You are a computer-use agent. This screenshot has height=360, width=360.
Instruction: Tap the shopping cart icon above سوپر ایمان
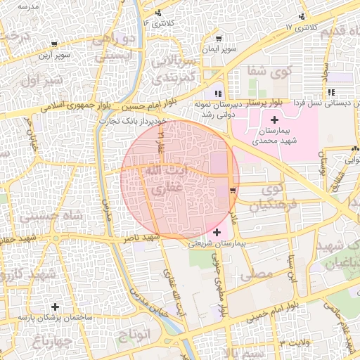[x=221, y=39]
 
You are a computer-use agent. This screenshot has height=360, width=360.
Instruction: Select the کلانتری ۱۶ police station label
[x=160, y=23]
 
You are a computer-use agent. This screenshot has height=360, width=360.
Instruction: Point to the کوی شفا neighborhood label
[x=271, y=71]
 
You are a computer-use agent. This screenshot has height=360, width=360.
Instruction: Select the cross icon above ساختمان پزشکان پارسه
[x=55, y=306]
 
